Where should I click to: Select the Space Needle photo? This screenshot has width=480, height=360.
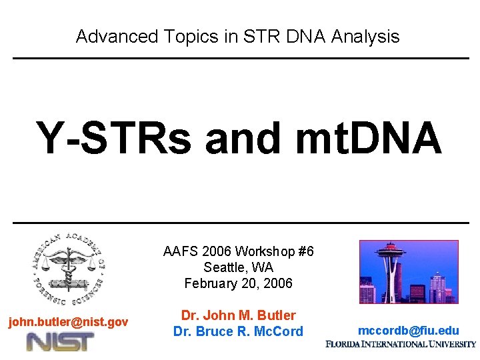pos(409,272)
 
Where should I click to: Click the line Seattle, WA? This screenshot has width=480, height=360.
pos(238,267)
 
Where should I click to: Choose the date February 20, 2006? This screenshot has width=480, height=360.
pos(238,283)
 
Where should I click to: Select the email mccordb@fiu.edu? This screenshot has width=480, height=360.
pos(408,331)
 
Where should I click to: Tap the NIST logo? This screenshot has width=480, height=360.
pos(60,342)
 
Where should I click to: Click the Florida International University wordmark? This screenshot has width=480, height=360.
pos(401,345)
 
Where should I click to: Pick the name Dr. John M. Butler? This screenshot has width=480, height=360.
pos(238,315)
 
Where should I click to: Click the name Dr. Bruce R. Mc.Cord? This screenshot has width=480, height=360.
pos(238,331)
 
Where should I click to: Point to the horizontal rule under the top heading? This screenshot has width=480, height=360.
pos(240,59)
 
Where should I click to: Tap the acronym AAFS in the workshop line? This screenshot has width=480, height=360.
pos(179,251)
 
